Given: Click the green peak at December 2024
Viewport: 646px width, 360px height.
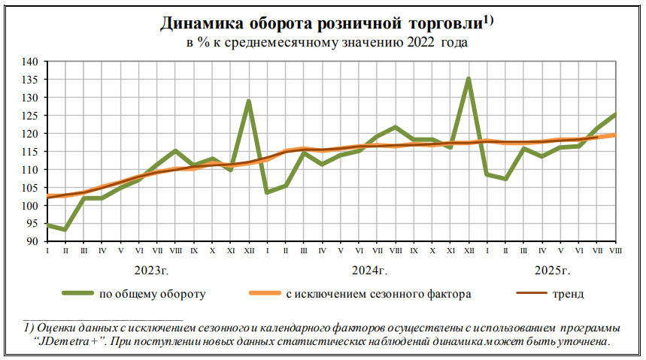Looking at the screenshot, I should tap(469, 78).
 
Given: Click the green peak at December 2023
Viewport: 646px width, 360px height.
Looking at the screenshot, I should tap(248, 101).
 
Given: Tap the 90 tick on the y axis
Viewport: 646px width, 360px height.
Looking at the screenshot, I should tap(32, 242).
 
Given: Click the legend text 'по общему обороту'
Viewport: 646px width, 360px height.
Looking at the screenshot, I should tap(152, 294).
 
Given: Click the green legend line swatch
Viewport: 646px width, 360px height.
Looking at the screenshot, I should tap(77, 294).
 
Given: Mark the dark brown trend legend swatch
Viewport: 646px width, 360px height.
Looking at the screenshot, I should tap(529, 294).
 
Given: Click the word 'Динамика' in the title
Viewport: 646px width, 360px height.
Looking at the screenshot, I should tap(199, 24).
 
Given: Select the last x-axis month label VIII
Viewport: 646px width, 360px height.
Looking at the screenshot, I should tap(616, 250).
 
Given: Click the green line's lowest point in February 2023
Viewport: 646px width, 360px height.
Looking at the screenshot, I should tap(65, 229).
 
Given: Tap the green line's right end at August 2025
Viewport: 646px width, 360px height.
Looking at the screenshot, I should tap(616, 114).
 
